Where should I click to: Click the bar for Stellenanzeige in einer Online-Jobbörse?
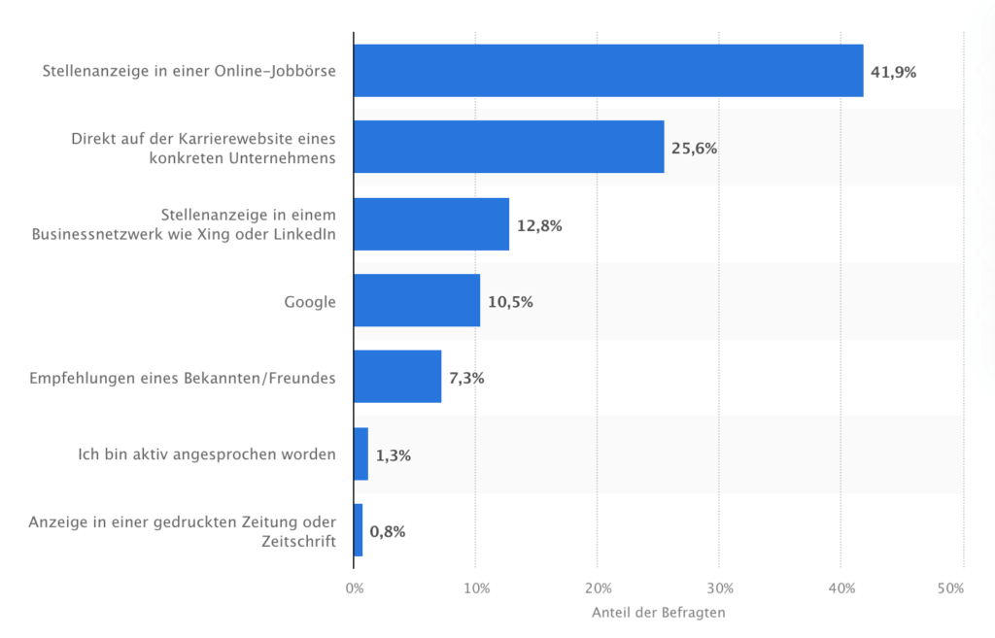pyautogui.click(x=608, y=71)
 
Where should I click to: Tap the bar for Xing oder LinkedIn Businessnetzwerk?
pyautogui.click(x=431, y=224)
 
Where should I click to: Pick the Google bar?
pyautogui.click(x=417, y=300)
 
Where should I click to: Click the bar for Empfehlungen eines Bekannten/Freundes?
pyautogui.click(x=397, y=377)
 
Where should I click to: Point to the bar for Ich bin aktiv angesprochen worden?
pyautogui.click(x=360, y=453)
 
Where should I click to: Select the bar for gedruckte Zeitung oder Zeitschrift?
pyautogui.click(x=359, y=530)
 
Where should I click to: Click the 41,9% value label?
pyautogui.click(x=893, y=72)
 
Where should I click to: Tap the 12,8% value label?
pyautogui.click(x=539, y=225)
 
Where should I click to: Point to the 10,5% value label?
pyautogui.click(x=510, y=301)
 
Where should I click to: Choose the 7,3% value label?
pyautogui.click(x=466, y=378)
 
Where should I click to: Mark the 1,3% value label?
pyautogui.click(x=393, y=454)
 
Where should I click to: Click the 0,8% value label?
pyautogui.click(x=388, y=531)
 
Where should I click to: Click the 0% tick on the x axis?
pyautogui.click(x=355, y=588)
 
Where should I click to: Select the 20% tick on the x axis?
pyautogui.click(x=598, y=588)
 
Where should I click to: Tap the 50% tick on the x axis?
pyautogui.click(x=950, y=588)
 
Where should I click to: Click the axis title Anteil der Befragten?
pyautogui.click(x=658, y=613)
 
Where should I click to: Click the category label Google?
pyautogui.click(x=310, y=301)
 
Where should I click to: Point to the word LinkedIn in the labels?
pyautogui.click(x=306, y=234)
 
